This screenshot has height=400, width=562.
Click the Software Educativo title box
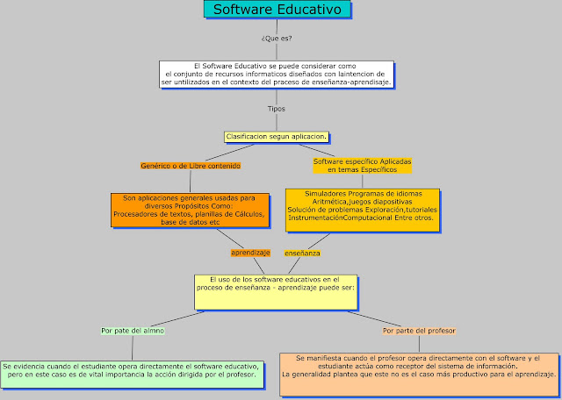tap(278, 11)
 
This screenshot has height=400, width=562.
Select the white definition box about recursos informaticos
tap(277, 74)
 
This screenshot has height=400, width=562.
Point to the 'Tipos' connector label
tap(277, 109)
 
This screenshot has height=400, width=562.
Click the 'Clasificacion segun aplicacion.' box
tap(277, 137)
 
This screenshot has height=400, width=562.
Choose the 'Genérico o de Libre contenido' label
tap(191, 165)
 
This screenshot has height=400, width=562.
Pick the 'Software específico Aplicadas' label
tap(362, 165)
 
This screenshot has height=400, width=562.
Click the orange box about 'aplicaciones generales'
tap(189, 210)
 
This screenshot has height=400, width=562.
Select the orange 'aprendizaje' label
tap(250, 253)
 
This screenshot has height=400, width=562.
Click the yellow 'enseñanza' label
tap(302, 253)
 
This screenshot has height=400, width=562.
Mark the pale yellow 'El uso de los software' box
tap(276, 290)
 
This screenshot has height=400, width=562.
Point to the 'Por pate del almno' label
tap(133, 331)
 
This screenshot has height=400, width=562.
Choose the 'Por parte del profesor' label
tap(419, 331)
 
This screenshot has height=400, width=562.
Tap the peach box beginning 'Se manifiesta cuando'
tap(419, 372)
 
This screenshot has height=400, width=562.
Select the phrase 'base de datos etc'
tap(190, 223)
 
